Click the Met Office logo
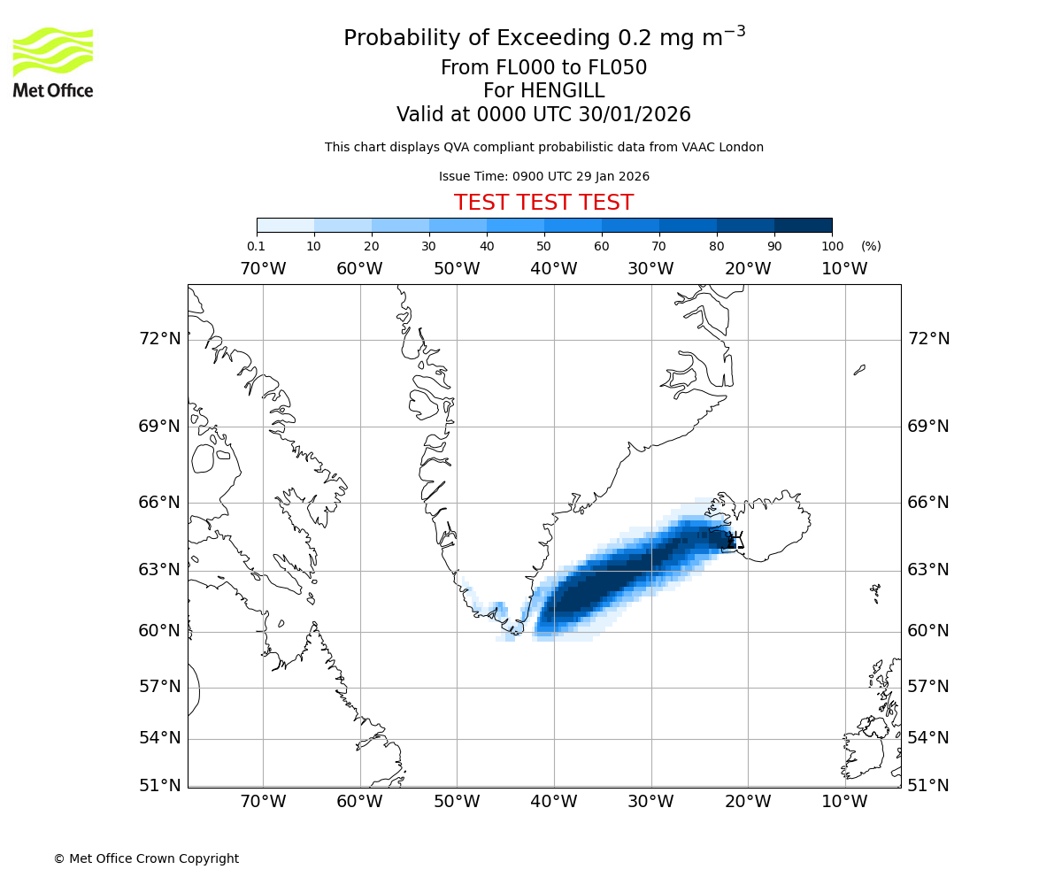tap(53, 62)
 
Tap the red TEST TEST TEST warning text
tap(543, 203)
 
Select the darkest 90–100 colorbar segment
tap(803, 226)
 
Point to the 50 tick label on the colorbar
tap(543, 246)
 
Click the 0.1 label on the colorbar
tap(256, 246)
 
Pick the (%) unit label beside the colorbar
tap(871, 246)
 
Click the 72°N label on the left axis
tap(159, 339)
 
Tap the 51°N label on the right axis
tap(928, 785)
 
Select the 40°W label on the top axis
tap(553, 269)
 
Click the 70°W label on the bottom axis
tap(263, 802)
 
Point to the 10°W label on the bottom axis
tap(844, 802)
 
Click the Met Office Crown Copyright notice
tap(146, 858)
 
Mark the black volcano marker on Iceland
tap(735, 541)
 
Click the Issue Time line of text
tap(543, 176)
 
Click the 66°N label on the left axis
tap(159, 503)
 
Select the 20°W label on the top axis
tap(747, 269)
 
